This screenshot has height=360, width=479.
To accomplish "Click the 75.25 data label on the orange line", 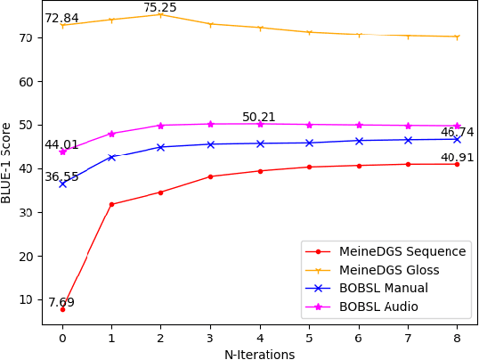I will coord(160,8).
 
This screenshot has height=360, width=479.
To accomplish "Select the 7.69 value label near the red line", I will coord(61,302).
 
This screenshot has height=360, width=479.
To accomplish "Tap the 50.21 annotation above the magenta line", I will coord(259,117).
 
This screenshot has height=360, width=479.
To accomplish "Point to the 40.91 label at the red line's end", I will coord(457,158).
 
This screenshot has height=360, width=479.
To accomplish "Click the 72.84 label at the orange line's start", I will coord(61,19).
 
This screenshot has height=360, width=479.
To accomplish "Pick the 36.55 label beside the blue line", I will coord(61,176).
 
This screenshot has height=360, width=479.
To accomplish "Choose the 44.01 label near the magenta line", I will coord(61,144).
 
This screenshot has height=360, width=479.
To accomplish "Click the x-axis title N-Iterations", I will coord(259,354).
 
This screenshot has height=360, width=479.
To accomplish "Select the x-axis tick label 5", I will coord(309,339).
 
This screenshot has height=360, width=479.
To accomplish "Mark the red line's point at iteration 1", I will coord(111,204).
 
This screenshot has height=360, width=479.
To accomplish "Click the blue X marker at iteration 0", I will coord(62,184).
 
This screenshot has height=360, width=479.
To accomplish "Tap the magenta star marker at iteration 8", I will coord(457,126).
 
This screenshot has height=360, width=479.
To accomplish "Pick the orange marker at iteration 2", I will coord(160,14).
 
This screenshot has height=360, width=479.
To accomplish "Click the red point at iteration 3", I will coord(210,176).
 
